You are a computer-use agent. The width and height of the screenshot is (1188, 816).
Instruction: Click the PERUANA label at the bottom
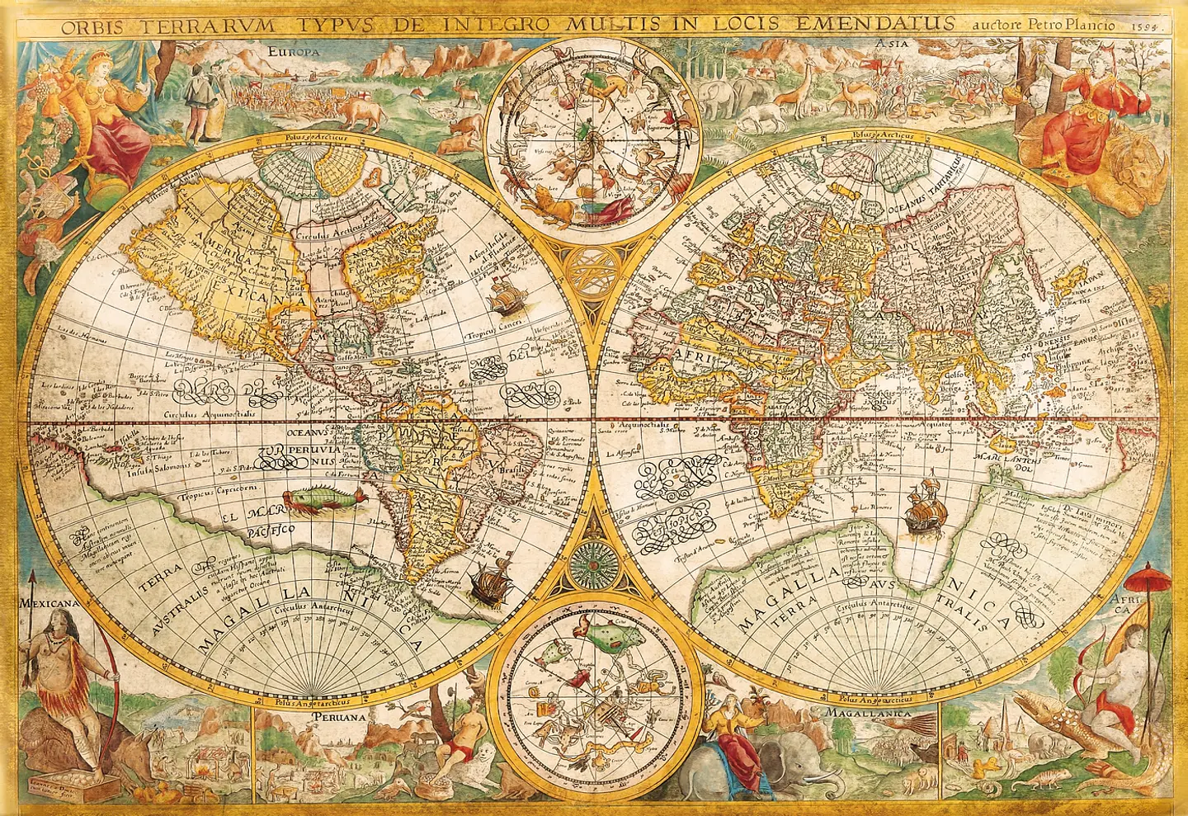coord(338,717)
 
